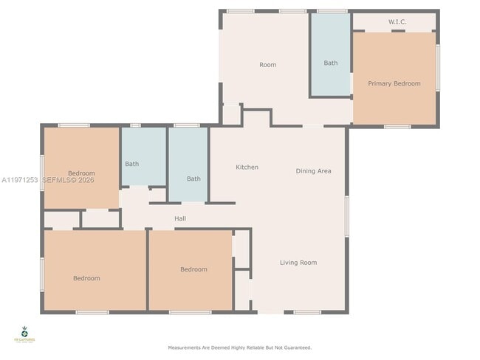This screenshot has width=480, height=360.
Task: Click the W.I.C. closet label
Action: pos(397,21)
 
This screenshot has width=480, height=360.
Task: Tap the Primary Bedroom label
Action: pos(394,83)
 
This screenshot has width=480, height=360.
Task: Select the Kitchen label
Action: pos(247,167)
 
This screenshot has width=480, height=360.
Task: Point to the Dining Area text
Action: pos(313,171)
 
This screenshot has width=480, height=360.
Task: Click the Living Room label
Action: pos(298,263)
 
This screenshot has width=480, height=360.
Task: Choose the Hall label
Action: pos(180,218)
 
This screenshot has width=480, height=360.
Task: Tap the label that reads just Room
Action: pos(267,65)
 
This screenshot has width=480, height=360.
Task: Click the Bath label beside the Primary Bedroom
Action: pos(330,63)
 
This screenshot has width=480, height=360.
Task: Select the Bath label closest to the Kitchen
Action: pos(193,179)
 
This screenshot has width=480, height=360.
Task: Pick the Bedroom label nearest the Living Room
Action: pos(193,269)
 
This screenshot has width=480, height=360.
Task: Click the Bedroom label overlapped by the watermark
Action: pos(81,173)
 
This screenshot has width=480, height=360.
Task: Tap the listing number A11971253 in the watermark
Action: pos(19,180)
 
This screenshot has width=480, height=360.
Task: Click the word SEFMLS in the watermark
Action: pos(58,180)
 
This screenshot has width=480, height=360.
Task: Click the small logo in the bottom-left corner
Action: pos(24,333)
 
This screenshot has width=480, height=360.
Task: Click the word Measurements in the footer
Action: pos(185,347)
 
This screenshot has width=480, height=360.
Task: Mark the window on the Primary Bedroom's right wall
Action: pos(438,66)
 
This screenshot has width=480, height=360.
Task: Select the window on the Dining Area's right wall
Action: pos(346,215)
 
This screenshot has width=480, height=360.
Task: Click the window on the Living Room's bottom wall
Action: pos(306,312)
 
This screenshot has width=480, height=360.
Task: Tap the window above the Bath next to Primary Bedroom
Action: pos(332,11)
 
